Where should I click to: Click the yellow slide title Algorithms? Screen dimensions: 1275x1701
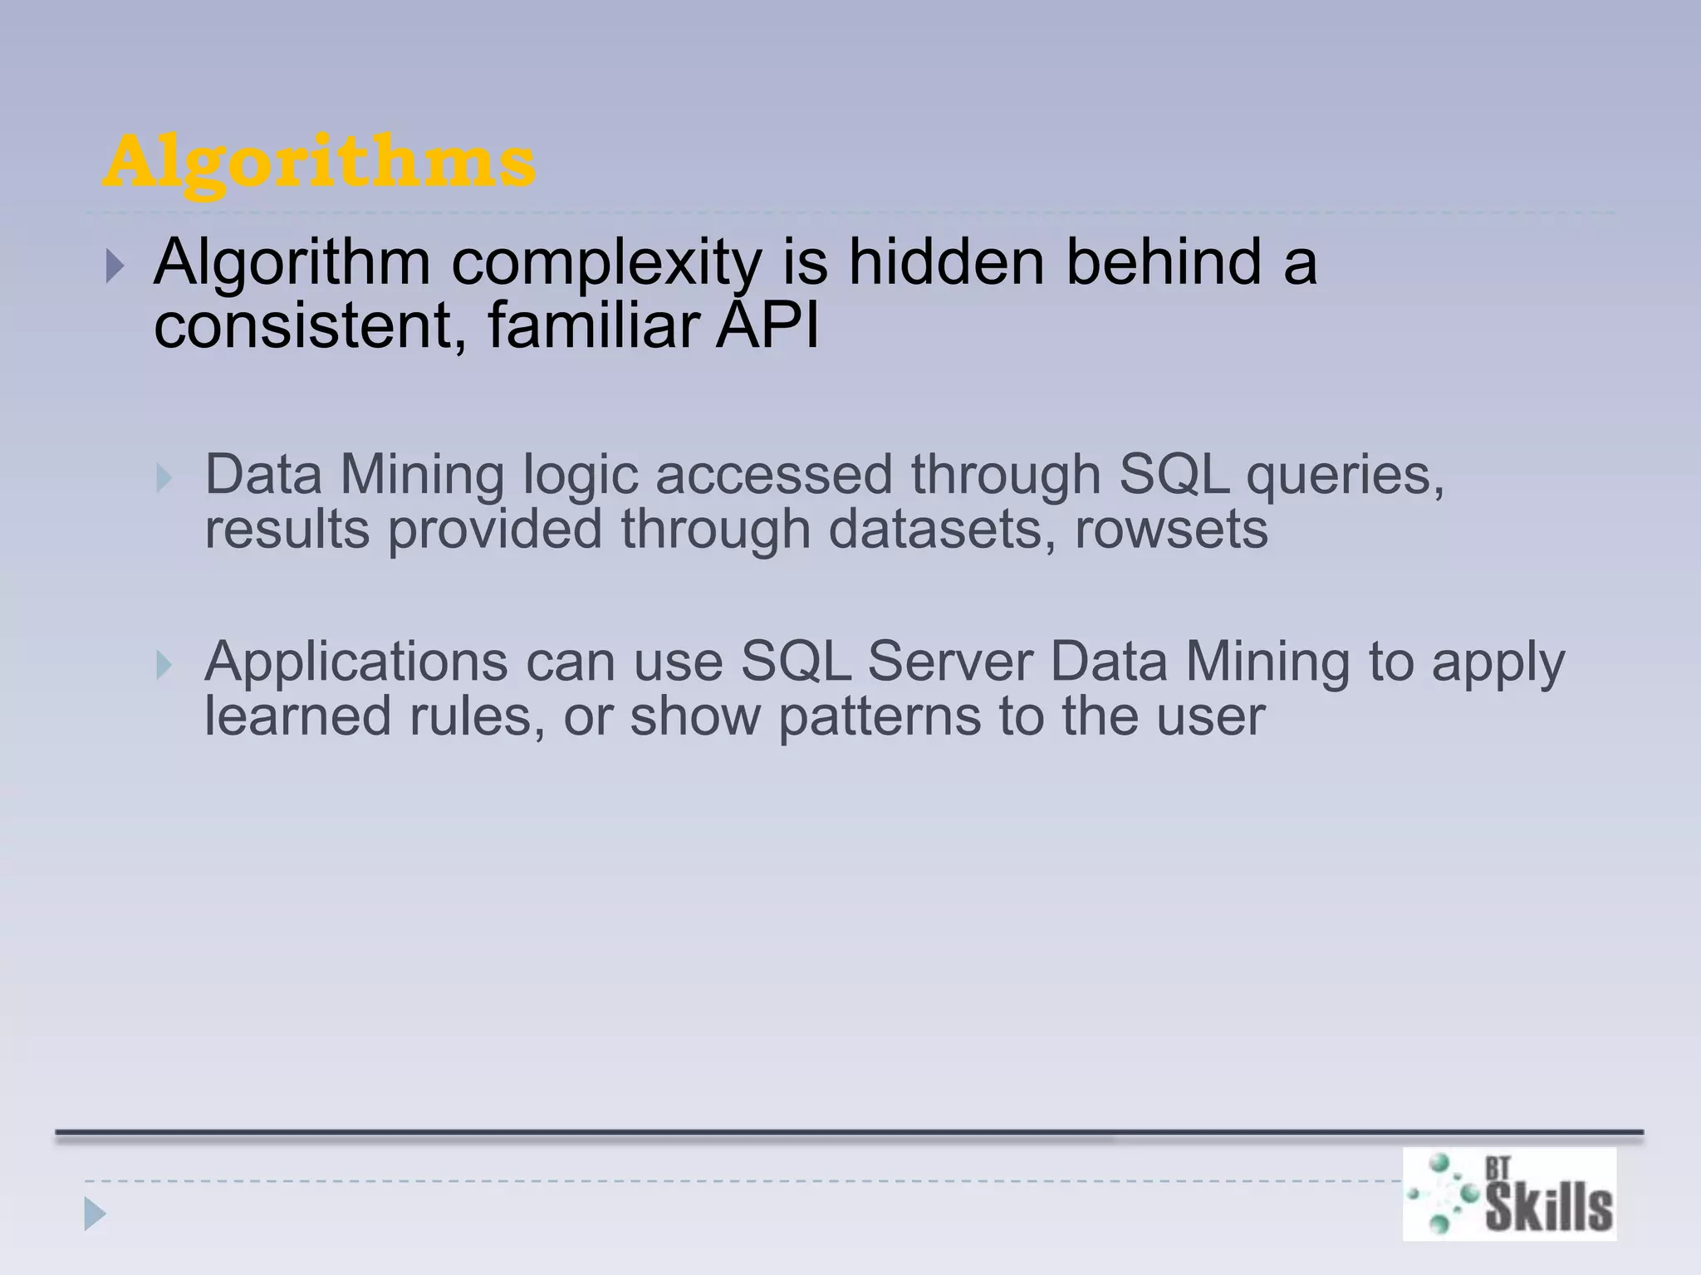(x=319, y=163)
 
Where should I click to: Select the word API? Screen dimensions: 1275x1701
(x=768, y=326)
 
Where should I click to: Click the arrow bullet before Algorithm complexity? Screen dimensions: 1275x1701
(x=115, y=267)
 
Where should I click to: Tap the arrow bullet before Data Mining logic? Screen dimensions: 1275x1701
(x=164, y=479)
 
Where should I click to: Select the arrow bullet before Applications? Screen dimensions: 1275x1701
(x=164, y=665)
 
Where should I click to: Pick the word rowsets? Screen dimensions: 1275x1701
(x=1171, y=530)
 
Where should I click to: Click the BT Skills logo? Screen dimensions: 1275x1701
(x=1509, y=1194)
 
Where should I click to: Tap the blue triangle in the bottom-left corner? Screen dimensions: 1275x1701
(x=95, y=1214)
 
